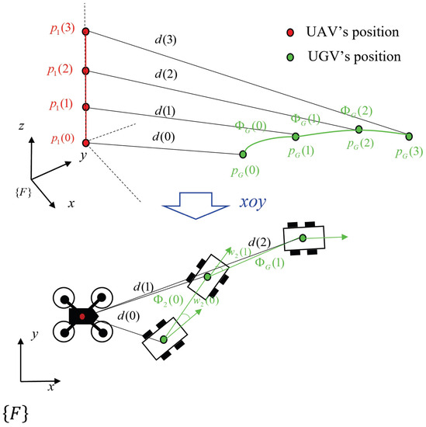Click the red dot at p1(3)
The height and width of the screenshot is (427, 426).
[x=86, y=32]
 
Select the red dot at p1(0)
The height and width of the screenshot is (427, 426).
[x=86, y=142]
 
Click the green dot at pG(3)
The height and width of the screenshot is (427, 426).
[x=410, y=134]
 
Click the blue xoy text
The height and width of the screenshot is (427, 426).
[x=254, y=200]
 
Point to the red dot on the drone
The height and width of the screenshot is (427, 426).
[x=82, y=317]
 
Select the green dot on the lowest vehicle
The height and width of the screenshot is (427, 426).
[x=165, y=339]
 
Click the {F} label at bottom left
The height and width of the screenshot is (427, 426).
[x=22, y=408]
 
